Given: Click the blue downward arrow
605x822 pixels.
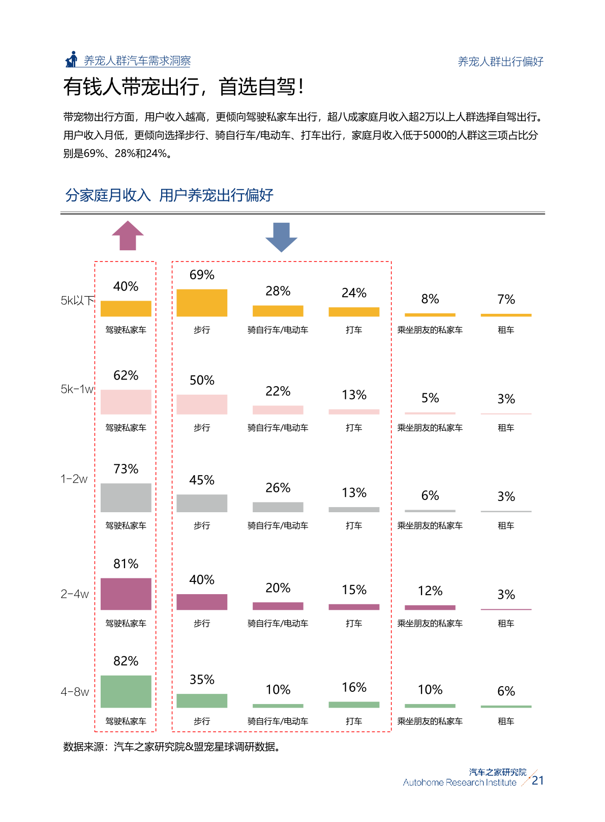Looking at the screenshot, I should pyautogui.click(x=281, y=237).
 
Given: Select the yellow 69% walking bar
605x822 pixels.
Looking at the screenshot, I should pyautogui.click(x=202, y=303).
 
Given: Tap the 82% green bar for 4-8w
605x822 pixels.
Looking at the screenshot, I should pyautogui.click(x=126, y=691).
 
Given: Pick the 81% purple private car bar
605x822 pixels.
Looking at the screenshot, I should pyautogui.click(x=126, y=594).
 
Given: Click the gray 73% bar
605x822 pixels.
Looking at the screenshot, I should pyautogui.click(x=126, y=497).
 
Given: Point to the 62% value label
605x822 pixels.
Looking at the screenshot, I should pyautogui.click(x=126, y=375).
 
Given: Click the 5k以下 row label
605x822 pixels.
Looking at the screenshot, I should pyautogui.click(x=77, y=301).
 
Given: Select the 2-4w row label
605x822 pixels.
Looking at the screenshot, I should pyautogui.click(x=75, y=594).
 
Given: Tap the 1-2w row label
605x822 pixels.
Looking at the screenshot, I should pyautogui.click(x=74, y=479).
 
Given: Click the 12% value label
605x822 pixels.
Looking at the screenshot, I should pyautogui.click(x=430, y=591).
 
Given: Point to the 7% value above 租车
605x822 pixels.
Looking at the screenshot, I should pyautogui.click(x=506, y=299).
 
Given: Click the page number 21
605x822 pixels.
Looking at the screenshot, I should pyautogui.click(x=538, y=780).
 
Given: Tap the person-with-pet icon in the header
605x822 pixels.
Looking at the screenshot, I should pyautogui.click(x=72, y=60).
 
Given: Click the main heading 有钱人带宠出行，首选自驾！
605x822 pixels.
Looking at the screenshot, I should pyautogui.click(x=184, y=87).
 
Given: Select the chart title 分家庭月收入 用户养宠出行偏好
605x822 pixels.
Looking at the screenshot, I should pyautogui.click(x=169, y=195).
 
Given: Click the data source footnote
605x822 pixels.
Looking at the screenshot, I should pyautogui.click(x=172, y=747).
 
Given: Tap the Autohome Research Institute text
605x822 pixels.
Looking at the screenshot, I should pyautogui.click(x=460, y=782).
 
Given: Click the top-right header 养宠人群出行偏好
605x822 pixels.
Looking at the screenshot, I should pyautogui.click(x=500, y=62).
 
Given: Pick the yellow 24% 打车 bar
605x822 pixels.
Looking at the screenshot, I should pyautogui.click(x=354, y=312).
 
